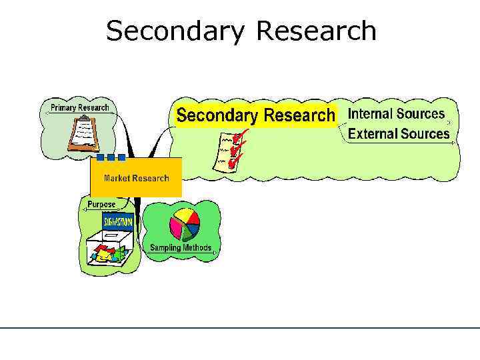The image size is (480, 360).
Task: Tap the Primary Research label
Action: point(80,108)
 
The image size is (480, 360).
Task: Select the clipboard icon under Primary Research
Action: point(83,133)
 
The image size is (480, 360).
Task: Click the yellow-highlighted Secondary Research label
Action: point(255,115)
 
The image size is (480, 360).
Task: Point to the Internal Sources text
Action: point(396,114)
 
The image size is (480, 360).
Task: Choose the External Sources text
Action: point(399,133)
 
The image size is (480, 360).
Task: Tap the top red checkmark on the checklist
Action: point(240,137)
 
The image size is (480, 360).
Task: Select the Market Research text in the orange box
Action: point(136,178)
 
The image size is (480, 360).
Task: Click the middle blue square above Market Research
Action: point(111,158)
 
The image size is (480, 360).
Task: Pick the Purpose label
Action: point(101,204)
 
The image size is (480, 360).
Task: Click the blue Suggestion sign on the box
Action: point(117,221)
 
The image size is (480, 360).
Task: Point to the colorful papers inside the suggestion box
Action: point(107,254)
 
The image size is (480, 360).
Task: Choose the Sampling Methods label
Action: point(180,248)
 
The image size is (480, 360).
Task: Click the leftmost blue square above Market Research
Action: point(100,158)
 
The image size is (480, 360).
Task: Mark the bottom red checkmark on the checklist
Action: point(233,162)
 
